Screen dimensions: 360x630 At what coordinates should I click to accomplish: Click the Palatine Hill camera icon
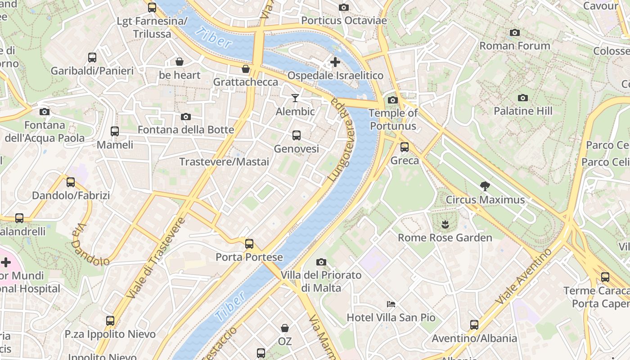[x=522, y=98]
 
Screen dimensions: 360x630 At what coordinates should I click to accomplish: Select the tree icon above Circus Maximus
[x=485, y=186]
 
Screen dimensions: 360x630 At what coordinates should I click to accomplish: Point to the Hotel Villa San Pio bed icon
[x=391, y=304]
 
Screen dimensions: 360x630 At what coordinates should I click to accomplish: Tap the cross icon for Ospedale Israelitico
[x=335, y=62]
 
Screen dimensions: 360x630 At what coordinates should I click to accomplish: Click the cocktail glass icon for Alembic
[x=295, y=98]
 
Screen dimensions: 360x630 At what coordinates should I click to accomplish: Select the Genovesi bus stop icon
[x=296, y=135]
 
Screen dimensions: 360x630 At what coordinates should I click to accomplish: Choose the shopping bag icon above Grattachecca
[x=245, y=69]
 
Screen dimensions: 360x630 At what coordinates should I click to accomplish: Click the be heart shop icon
[x=179, y=62]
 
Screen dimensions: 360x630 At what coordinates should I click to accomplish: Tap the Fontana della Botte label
[x=185, y=130]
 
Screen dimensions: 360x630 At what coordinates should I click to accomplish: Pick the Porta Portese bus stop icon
[x=249, y=244]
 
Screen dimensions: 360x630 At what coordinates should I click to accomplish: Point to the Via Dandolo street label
[x=90, y=245]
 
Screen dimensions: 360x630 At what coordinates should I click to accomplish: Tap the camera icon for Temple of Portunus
[x=392, y=100]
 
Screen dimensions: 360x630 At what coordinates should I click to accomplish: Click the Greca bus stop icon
[x=404, y=147]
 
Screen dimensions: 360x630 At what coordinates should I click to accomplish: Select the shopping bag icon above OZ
[x=284, y=328]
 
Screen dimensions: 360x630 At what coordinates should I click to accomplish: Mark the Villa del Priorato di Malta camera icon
[x=321, y=262]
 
